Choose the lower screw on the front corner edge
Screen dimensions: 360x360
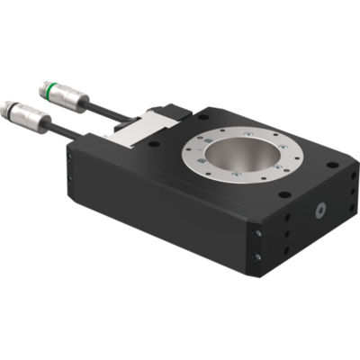(258, 256)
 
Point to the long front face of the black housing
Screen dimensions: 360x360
(162, 211)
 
